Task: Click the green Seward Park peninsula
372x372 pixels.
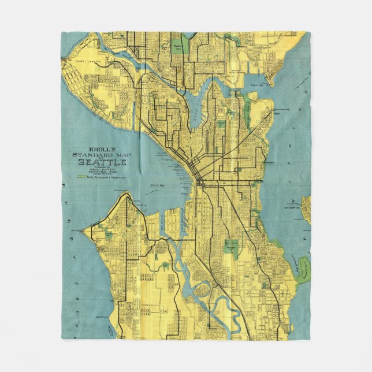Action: tap(303, 271)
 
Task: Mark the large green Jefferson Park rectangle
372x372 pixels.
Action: tap(232, 247)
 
